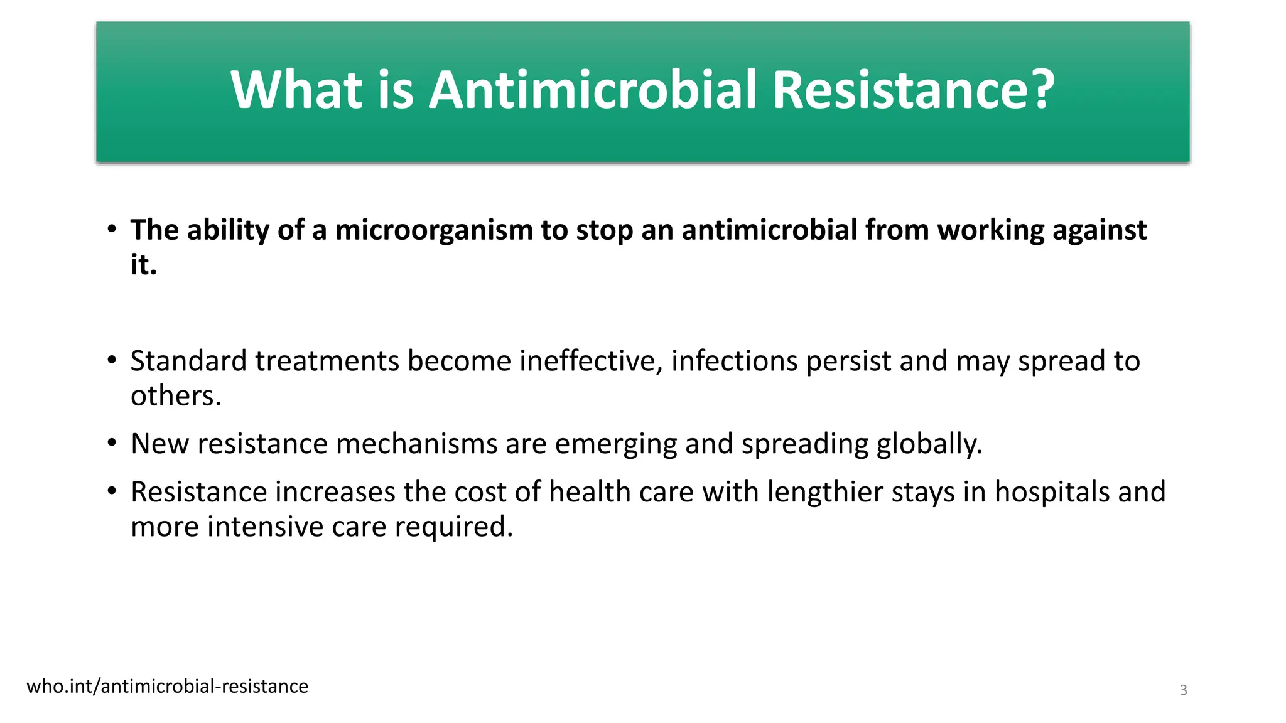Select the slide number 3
(x=1183, y=690)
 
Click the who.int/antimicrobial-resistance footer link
(x=168, y=687)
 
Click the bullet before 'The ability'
(x=112, y=228)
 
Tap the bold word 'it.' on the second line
(x=143, y=265)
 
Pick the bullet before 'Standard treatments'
(x=112, y=360)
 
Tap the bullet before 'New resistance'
(x=112, y=443)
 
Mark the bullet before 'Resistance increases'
(x=112, y=491)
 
